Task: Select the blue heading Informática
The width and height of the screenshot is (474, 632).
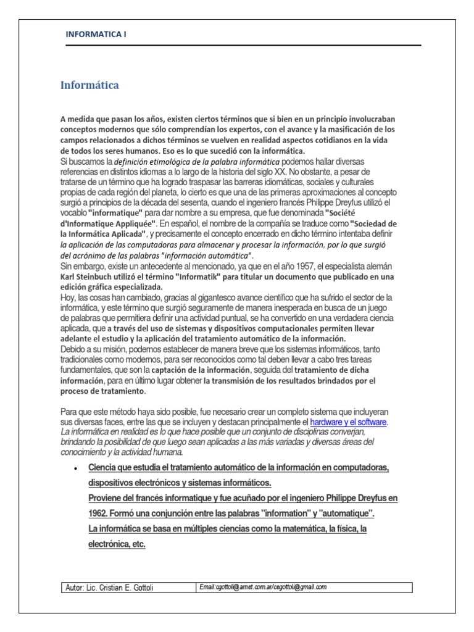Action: pos(89,85)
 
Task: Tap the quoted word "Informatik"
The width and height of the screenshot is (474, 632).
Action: pos(197,277)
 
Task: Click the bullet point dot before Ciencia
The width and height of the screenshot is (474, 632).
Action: pos(75,468)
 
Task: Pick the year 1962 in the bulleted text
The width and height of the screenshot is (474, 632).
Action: pos(101,513)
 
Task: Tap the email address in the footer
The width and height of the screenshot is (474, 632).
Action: pos(264,587)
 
